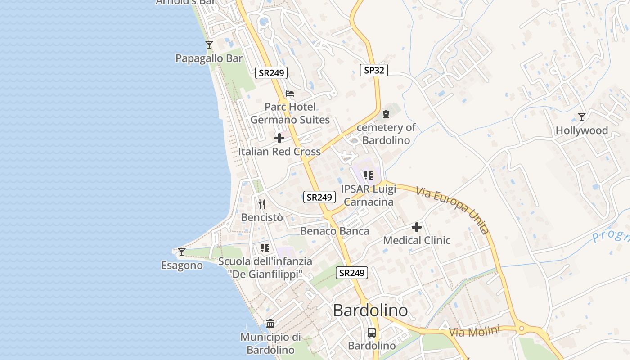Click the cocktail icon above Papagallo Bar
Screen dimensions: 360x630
point(209,45)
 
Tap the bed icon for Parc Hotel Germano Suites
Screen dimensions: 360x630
point(290,94)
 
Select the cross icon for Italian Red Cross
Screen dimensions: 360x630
point(279,138)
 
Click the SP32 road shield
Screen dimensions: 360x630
point(374,70)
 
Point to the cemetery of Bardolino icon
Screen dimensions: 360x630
point(386,114)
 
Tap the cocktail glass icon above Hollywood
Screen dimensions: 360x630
point(582,117)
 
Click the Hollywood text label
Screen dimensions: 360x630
point(582,131)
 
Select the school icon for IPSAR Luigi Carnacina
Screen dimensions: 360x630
point(369,175)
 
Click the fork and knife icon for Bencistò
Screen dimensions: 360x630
point(262,204)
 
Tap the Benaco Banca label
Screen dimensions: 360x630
point(335,231)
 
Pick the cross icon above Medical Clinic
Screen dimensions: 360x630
point(417,227)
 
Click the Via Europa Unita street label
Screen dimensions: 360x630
point(453,210)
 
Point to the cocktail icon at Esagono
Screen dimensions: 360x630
point(182,252)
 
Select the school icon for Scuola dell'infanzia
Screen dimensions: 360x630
point(265,248)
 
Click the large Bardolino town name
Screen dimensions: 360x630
point(370,310)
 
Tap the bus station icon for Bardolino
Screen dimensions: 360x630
point(372,333)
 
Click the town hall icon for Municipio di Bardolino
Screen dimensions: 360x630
point(270,323)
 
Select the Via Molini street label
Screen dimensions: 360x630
point(474,332)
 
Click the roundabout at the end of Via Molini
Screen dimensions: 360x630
point(522,329)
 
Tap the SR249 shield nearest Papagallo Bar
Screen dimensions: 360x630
point(271,72)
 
